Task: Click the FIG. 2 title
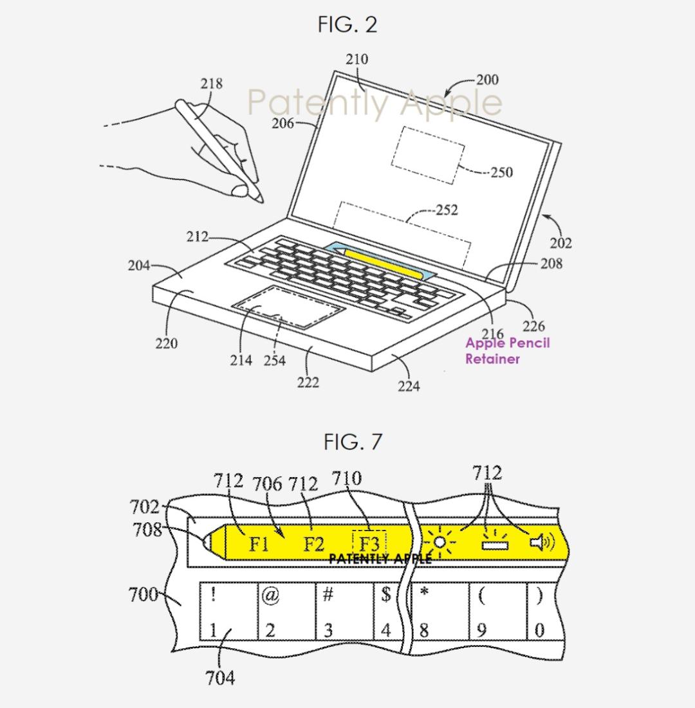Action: coord(347,24)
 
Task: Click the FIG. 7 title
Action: coord(353,441)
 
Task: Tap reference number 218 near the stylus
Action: coord(212,84)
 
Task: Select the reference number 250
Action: coord(501,172)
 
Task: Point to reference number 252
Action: coord(447,210)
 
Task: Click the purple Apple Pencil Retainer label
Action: coord(508,351)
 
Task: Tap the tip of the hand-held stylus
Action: coord(263,202)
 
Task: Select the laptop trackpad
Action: coord(288,307)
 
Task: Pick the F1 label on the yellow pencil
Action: coord(259,543)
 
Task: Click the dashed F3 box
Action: coord(369,544)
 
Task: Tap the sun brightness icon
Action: coord(440,542)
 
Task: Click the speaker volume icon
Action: coord(542,541)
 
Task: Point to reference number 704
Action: coord(220,678)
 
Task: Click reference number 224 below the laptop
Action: coord(409,386)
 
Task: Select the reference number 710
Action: coord(347,478)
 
